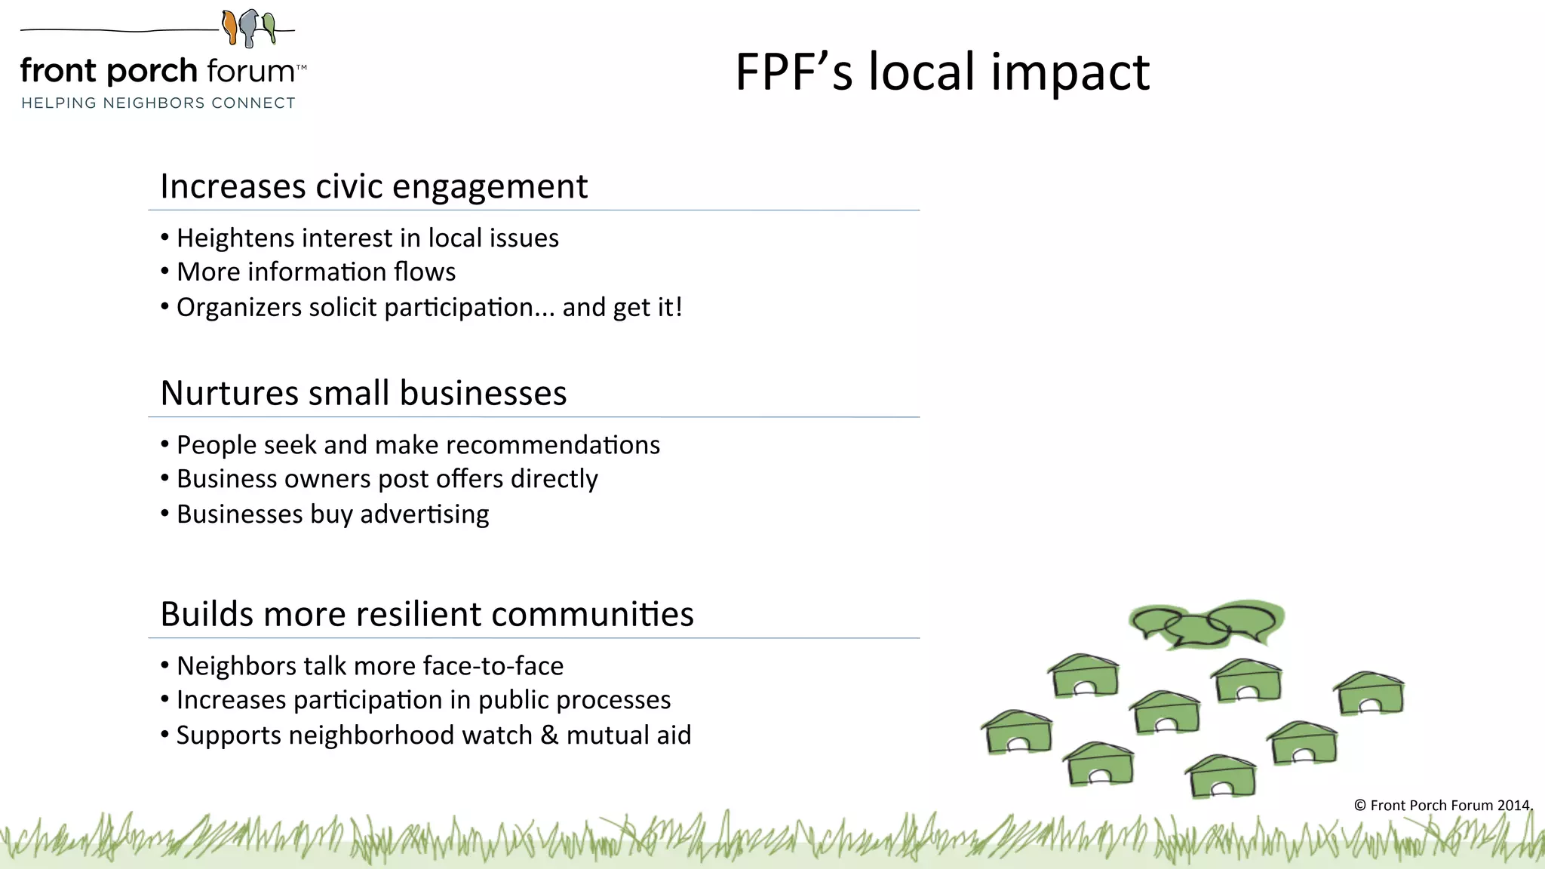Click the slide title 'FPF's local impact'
click(942, 72)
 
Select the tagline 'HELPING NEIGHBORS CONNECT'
click(158, 103)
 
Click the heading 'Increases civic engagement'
click(373, 186)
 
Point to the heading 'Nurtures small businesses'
click(364, 393)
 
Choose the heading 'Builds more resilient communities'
click(427, 614)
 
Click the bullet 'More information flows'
click(316, 272)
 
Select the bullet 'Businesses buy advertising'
click(333, 514)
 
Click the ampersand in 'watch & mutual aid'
click(549, 735)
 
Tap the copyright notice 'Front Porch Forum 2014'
click(1442, 805)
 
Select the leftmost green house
click(1017, 732)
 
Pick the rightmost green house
click(1370, 692)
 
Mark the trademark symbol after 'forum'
click(301, 67)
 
